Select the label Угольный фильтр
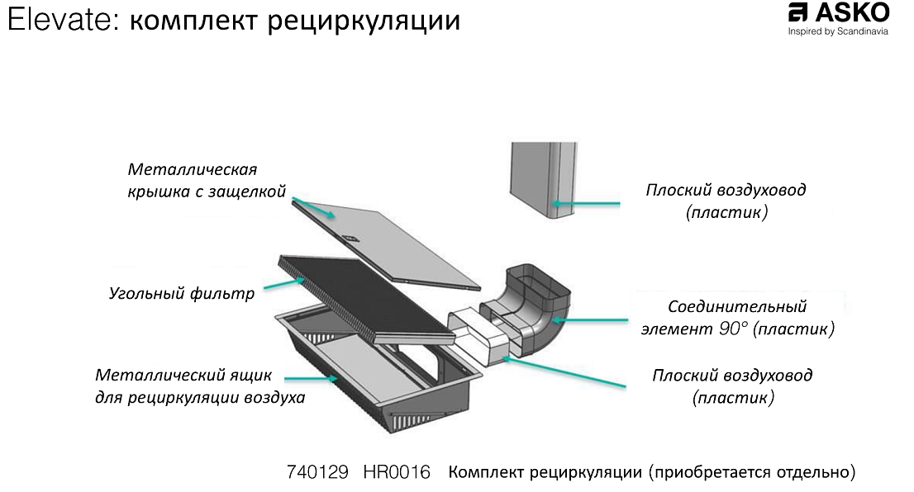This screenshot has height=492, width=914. click(182, 293)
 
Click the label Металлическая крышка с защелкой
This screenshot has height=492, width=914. click(207, 181)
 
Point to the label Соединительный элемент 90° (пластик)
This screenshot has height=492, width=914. click(738, 318)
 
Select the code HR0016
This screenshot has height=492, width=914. click(397, 473)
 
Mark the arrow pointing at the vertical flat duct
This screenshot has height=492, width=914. click(586, 201)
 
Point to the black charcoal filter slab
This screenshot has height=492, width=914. click(364, 297)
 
